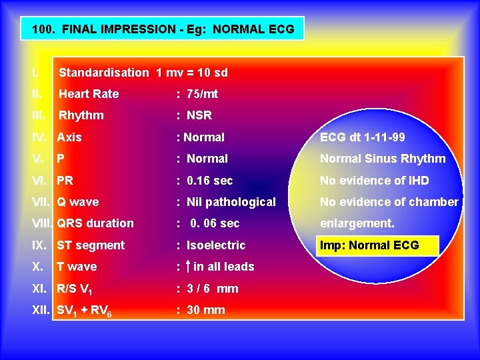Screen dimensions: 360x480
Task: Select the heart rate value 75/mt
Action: [x=202, y=94]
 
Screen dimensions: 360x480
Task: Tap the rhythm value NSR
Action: [x=199, y=115]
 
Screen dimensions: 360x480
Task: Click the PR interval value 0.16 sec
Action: [x=210, y=181]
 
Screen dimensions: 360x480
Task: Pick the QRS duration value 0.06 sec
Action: [x=215, y=223]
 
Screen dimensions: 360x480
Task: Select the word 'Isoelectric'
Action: [x=216, y=245]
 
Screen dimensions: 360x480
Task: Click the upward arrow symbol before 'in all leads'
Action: [x=189, y=266]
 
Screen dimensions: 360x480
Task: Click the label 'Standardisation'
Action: [x=104, y=73]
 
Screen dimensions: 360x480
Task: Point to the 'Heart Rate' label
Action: [x=89, y=94]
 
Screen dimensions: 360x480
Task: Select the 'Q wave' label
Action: [x=78, y=202]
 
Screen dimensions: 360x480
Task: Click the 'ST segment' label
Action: [x=91, y=245]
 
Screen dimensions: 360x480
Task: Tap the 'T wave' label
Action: [x=77, y=267]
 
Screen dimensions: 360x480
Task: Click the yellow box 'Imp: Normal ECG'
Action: [x=378, y=245]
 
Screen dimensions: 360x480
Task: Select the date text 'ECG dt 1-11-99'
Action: [x=362, y=137]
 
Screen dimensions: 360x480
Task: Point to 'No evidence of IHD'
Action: [x=374, y=181]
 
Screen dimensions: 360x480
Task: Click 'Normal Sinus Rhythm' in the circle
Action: [x=383, y=159]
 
